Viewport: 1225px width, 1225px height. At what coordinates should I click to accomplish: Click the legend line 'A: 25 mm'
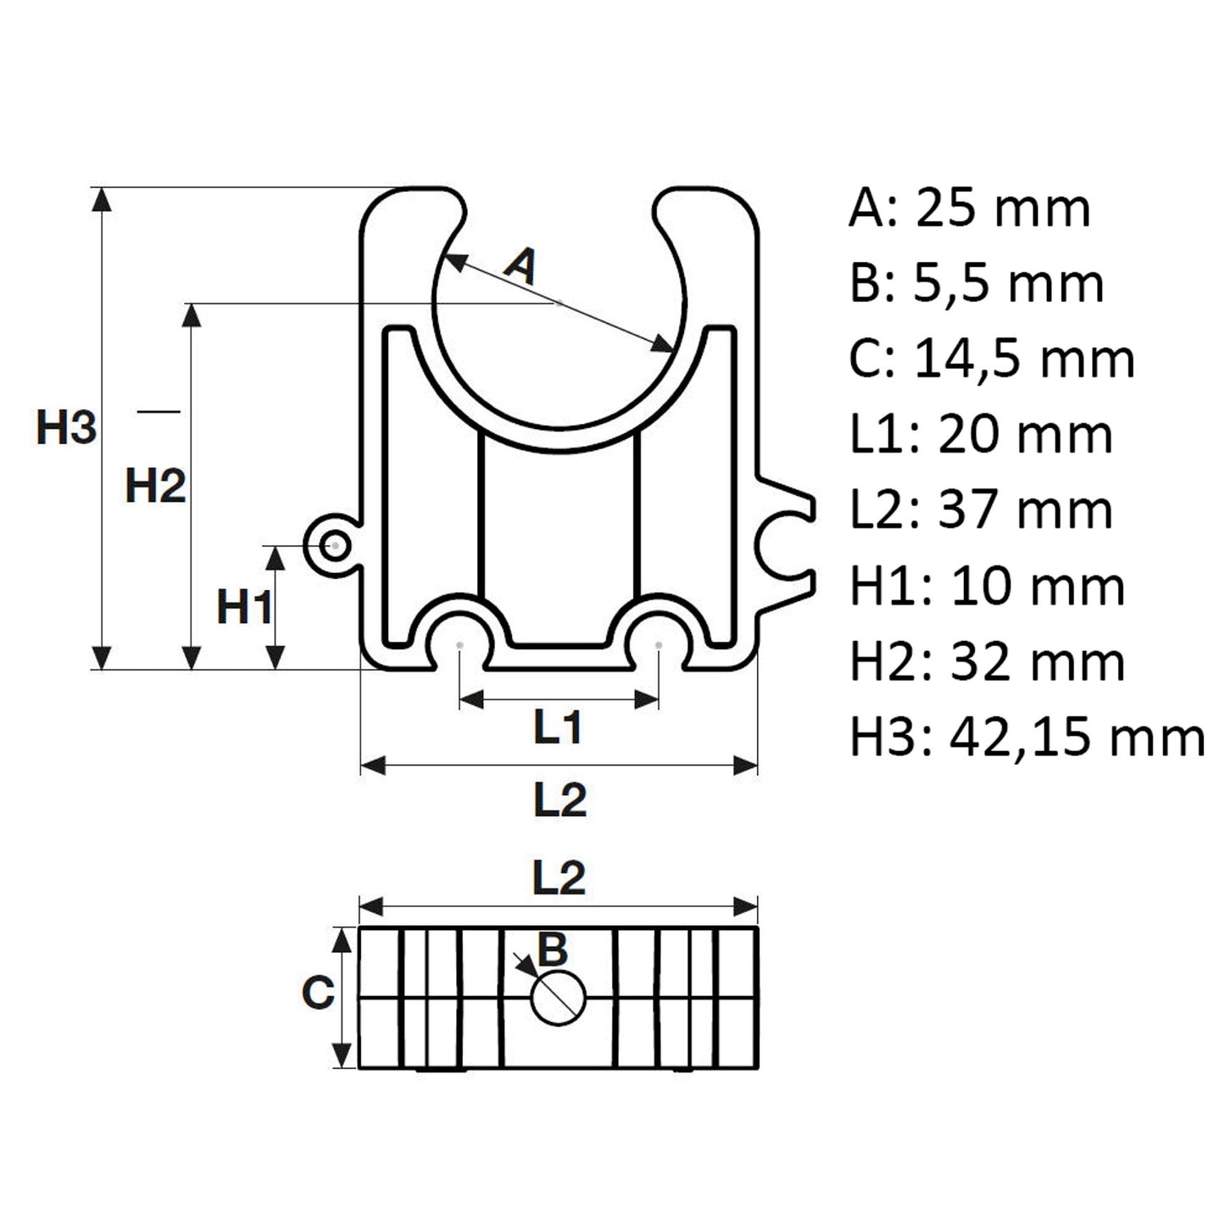(969, 208)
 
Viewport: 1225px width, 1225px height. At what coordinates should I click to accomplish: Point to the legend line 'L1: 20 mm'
(981, 434)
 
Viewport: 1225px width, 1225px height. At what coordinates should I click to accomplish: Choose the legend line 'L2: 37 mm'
(981, 509)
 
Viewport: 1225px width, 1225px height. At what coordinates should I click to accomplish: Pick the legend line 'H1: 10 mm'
(988, 586)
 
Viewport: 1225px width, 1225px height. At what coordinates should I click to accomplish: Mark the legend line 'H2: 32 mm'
(988, 662)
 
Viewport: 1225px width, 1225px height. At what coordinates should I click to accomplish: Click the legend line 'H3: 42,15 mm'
(1027, 738)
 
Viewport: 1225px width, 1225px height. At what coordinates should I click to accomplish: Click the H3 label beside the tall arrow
(67, 427)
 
